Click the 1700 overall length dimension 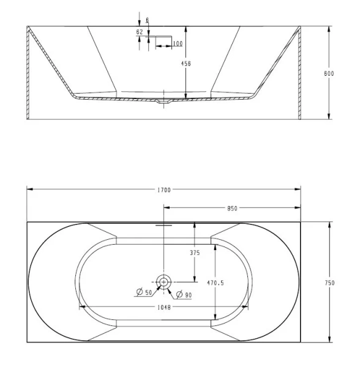pyautogui.click(x=163, y=191)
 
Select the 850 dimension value pyautogui.click(x=233, y=209)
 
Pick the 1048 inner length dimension pyautogui.click(x=163, y=307)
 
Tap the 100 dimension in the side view pyautogui.click(x=178, y=43)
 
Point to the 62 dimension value pyautogui.click(x=140, y=32)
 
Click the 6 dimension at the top pyautogui.click(x=147, y=20)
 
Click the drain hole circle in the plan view pyautogui.click(x=163, y=282)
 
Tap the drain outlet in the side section pyautogui.click(x=163, y=102)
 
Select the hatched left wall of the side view pyautogui.click(x=29, y=73)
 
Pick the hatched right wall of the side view pyautogui.click(x=299, y=73)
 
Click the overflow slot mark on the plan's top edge pyautogui.click(x=163, y=224)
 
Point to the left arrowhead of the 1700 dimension pyautogui.click(x=29, y=191)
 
